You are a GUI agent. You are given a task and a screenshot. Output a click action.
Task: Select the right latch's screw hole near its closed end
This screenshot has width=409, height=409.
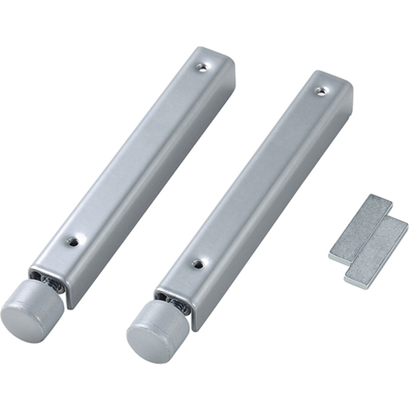tap(321, 91)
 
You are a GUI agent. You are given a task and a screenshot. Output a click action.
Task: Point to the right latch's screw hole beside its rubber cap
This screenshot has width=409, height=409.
tap(198, 264)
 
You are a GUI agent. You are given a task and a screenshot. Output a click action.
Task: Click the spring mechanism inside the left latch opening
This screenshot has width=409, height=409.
tap(52, 282)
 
